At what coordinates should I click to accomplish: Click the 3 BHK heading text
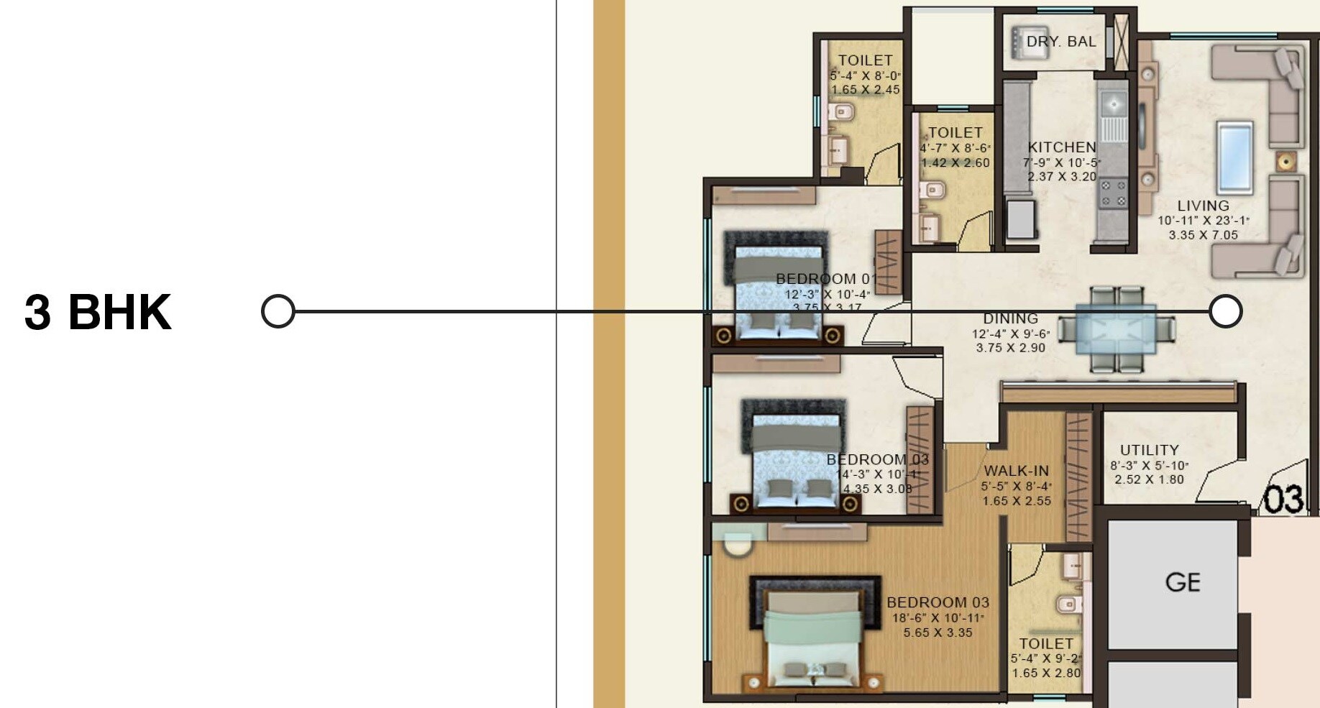point(98,312)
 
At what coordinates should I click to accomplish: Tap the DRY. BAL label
point(1060,42)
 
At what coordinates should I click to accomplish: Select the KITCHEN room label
point(1061,147)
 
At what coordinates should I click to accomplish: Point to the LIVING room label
point(1203,206)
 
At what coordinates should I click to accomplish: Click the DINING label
point(1010,318)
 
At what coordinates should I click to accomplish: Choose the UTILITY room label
point(1149,450)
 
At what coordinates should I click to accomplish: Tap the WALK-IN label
point(1016,471)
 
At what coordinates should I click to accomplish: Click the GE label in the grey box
point(1183,581)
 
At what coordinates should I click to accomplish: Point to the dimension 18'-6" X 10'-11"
point(938,618)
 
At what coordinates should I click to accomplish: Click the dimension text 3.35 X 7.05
point(1203,235)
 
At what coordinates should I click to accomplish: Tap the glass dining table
point(1116,329)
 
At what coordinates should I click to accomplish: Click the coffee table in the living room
point(1234,155)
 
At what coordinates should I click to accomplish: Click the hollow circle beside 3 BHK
point(278,312)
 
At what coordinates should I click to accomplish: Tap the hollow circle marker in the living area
point(1225,311)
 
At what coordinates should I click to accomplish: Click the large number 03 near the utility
point(1283,500)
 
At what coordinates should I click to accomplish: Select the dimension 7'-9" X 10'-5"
point(1061,162)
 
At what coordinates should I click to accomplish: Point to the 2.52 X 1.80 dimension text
point(1149,479)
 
